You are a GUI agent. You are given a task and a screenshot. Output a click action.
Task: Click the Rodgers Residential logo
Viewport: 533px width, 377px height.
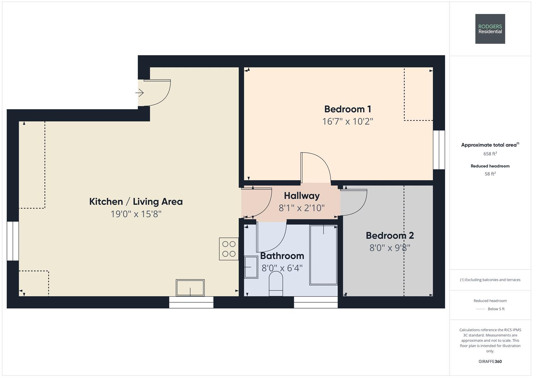pos(490,29)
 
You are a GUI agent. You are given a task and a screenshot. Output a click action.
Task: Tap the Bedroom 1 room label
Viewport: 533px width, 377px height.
pos(348,109)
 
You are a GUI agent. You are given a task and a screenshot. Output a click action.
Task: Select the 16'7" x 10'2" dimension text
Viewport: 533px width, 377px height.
pos(348,121)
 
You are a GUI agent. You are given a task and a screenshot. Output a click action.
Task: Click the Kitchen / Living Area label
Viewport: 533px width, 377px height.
pos(136,202)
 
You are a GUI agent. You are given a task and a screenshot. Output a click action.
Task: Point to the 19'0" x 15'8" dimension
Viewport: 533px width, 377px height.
pos(136,214)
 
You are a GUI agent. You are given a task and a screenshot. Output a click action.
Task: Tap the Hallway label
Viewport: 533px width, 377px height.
pos(302,196)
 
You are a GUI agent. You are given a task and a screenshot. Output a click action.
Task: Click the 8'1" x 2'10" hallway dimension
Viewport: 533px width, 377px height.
pos(302,208)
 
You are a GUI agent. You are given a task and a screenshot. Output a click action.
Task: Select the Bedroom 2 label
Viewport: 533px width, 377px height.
pos(390,236)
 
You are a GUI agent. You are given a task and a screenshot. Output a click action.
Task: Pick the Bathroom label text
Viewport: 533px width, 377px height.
pos(282,256)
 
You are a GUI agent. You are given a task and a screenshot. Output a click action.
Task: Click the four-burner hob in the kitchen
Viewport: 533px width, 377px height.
pos(229,249)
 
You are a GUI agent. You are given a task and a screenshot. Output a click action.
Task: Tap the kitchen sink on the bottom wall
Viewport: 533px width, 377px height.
pos(190,288)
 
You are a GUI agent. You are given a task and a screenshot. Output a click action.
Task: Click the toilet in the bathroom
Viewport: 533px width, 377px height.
pos(276,284)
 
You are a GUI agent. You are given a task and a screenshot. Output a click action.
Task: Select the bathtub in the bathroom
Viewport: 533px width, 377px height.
pos(323,255)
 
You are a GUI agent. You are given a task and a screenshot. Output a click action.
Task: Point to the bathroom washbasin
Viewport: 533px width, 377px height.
pos(251,267)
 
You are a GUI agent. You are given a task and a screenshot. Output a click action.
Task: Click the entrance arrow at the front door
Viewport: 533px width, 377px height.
pos(139,93)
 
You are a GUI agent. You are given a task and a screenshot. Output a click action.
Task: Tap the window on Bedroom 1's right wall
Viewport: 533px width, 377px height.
pos(439,150)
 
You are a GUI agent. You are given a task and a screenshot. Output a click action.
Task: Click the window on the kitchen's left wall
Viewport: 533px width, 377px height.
pos(13,241)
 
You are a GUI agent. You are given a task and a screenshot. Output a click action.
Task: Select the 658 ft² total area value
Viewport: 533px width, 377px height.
pos(490,154)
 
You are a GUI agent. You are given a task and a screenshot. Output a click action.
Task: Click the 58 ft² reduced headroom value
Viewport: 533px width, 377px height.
pos(490,174)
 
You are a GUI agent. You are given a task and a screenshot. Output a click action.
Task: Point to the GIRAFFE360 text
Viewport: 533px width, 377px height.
pos(490,361)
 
